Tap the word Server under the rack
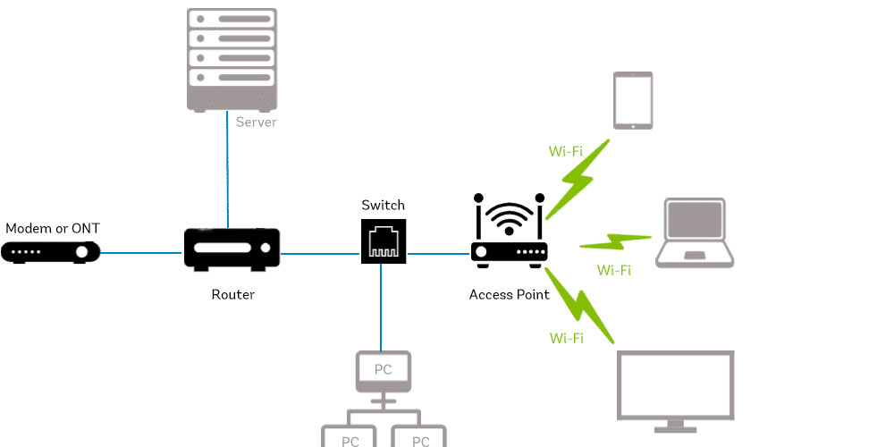[256, 122]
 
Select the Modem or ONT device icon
[50, 253]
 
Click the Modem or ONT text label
[53, 229]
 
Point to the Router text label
[232, 294]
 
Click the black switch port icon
[384, 240]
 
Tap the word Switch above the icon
[384, 206]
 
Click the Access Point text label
[510, 294]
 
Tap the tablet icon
[633, 100]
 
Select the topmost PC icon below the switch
[384, 371]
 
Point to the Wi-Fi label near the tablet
[566, 151]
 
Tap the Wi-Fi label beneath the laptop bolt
[613, 270]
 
